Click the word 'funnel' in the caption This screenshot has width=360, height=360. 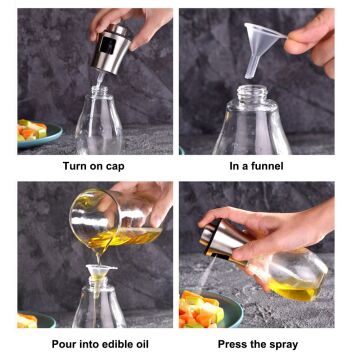pyautogui.click(x=275, y=165)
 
